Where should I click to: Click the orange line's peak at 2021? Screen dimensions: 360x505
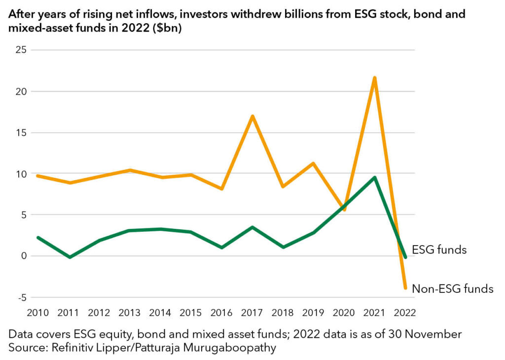(375, 78)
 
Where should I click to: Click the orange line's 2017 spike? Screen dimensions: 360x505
(252, 116)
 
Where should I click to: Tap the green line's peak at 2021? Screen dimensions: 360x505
(375, 178)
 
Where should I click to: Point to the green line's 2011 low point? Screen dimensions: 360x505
(70, 257)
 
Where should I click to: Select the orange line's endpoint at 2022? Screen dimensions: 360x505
(405, 288)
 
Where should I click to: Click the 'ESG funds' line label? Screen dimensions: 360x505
(439, 250)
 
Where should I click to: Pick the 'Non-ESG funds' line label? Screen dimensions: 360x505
(452, 289)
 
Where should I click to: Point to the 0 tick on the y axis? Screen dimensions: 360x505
(23, 256)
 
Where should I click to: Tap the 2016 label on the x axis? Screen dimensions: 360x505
(222, 313)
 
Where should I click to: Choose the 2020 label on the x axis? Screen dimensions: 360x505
(344, 313)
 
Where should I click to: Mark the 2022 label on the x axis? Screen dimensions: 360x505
(405, 313)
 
